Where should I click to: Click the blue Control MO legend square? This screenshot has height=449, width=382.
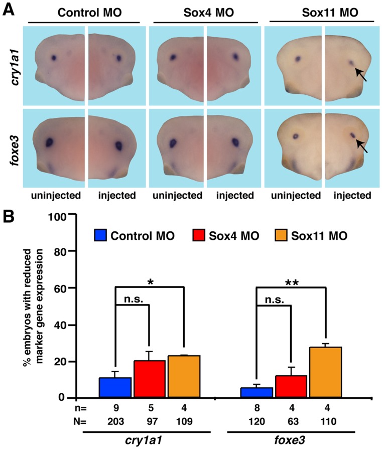pyautogui.click(x=102, y=236)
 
